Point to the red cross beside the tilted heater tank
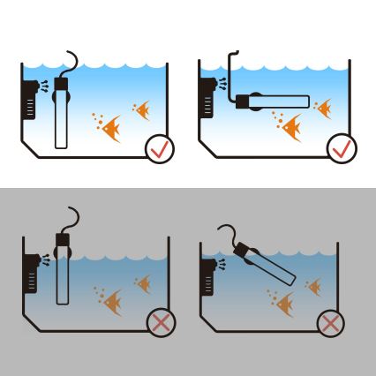(330, 323)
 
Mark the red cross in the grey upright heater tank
(160, 323)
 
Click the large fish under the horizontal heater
(291, 129)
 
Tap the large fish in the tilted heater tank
(284, 305)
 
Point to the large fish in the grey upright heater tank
(112, 304)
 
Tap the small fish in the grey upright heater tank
(143, 283)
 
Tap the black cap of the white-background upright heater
(62, 86)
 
